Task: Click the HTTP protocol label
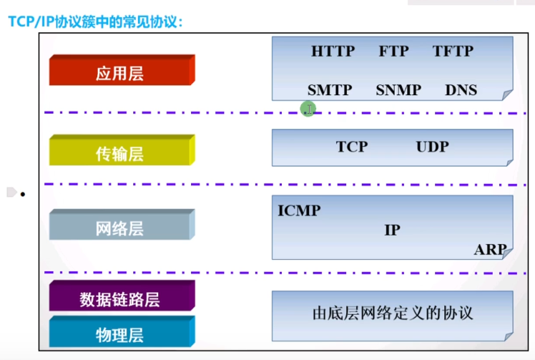click(333, 52)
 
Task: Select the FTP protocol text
click(393, 52)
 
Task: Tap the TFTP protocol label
click(453, 52)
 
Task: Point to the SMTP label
click(330, 90)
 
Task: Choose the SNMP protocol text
click(398, 90)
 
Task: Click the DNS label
click(461, 90)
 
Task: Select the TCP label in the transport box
click(351, 147)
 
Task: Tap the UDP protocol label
click(432, 147)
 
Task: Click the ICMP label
click(299, 210)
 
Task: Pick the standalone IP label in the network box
click(392, 230)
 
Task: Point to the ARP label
click(490, 250)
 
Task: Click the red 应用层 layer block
click(119, 73)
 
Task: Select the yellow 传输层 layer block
click(119, 152)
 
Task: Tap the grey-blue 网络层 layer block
click(119, 228)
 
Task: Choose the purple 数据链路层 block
click(119, 298)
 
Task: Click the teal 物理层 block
click(119, 334)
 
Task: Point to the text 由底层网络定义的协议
click(393, 313)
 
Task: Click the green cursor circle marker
click(308, 110)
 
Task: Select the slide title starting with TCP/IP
click(97, 21)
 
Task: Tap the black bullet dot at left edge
click(23, 194)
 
